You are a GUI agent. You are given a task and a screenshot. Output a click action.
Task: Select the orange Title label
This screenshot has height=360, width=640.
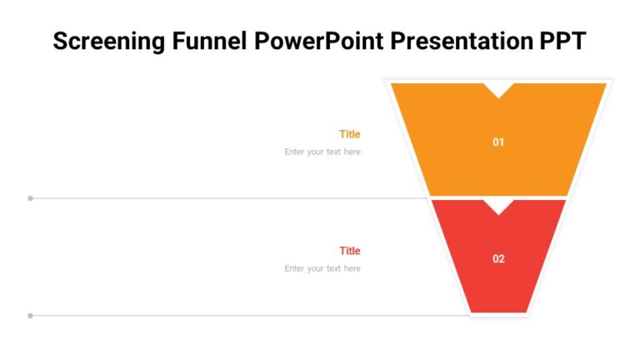(350, 134)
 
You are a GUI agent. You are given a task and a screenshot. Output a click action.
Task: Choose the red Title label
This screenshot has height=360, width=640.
(350, 251)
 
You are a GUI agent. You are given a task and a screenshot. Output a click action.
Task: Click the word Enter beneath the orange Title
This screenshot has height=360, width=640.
(295, 152)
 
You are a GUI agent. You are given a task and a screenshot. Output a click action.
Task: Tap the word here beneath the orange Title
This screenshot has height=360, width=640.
(352, 152)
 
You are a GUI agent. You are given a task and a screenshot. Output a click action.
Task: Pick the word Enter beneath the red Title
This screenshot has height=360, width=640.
(295, 269)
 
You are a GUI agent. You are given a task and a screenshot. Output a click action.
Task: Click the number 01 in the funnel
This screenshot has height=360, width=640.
(498, 142)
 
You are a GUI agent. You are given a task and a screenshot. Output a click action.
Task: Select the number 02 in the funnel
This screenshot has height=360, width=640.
(498, 259)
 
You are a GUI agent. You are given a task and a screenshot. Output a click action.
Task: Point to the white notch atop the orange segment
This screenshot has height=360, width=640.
(498, 88)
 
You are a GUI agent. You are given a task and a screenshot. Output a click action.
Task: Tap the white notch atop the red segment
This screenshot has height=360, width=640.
(498, 205)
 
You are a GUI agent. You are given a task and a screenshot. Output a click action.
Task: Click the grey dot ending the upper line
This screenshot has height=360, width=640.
(31, 198)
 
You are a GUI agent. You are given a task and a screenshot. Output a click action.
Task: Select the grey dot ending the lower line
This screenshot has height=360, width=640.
(31, 316)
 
